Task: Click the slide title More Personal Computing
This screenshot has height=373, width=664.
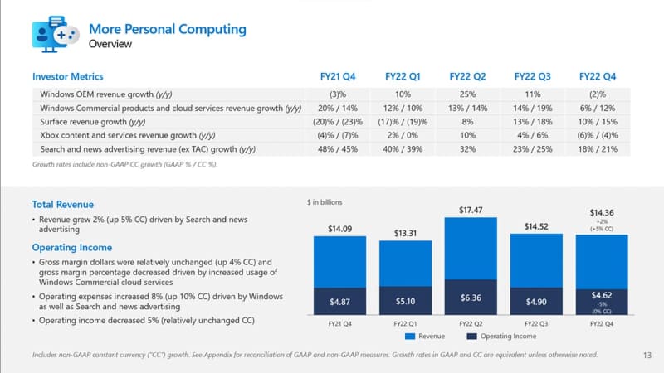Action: click(168, 29)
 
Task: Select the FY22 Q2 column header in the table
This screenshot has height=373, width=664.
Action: click(466, 75)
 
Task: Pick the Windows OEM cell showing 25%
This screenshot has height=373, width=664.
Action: click(466, 94)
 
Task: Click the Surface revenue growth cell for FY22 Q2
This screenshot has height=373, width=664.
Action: click(466, 122)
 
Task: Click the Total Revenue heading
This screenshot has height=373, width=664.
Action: click(63, 204)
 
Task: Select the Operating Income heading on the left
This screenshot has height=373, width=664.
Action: click(72, 247)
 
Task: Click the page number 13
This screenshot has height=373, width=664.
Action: click(647, 356)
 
